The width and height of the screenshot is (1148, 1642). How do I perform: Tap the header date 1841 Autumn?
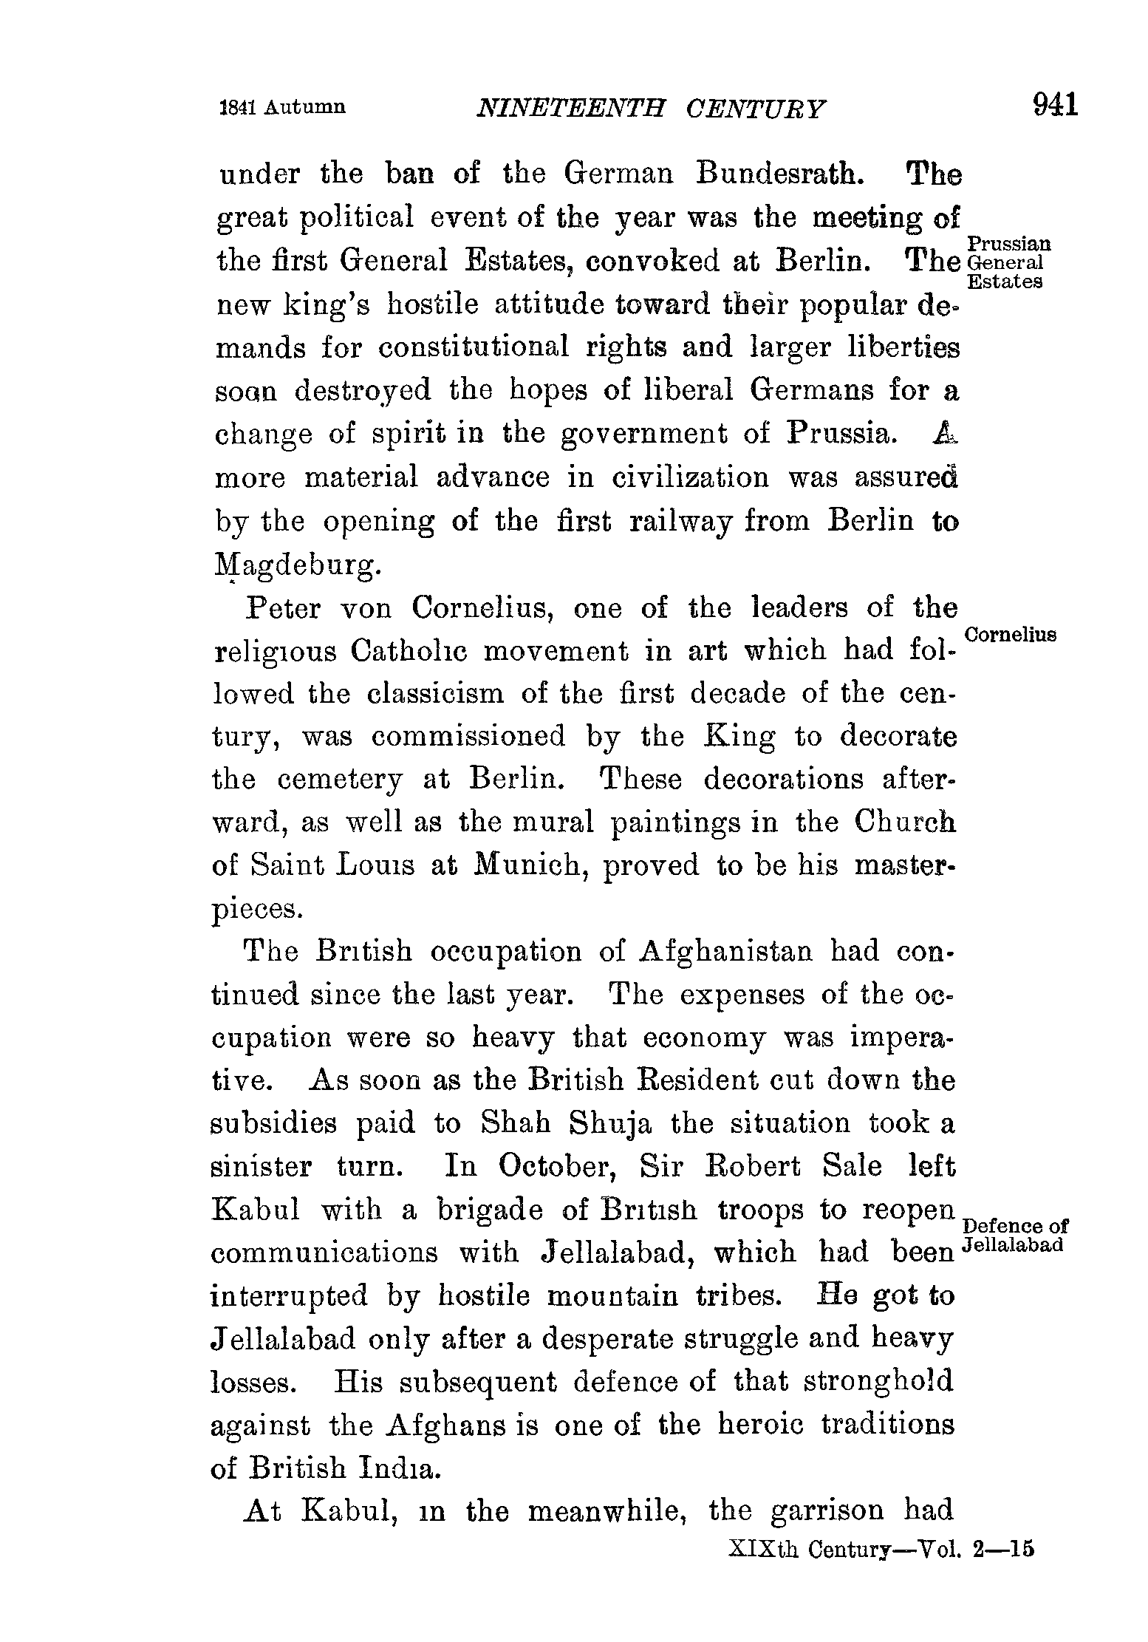[x=283, y=107]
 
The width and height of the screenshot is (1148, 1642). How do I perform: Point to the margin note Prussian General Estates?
[x=1008, y=262]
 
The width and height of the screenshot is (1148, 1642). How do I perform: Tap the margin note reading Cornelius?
[x=1011, y=635]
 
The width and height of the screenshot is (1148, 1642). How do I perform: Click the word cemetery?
[x=341, y=780]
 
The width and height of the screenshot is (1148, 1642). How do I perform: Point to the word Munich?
[x=531, y=865]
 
